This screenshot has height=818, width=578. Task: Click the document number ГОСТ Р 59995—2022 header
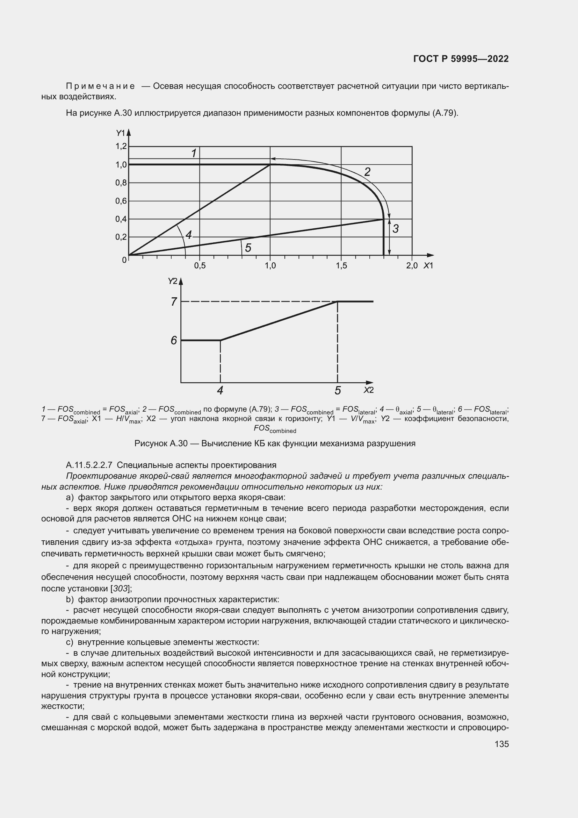tap(461, 59)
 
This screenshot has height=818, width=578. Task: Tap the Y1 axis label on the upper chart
tap(121, 133)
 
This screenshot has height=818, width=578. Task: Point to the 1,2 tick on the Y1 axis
tap(121, 146)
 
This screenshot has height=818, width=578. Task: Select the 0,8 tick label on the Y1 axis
tap(121, 183)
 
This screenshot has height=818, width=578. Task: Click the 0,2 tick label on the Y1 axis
tap(121, 237)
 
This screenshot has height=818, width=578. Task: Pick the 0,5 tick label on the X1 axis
tap(200, 266)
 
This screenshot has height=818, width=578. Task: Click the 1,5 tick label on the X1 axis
tap(341, 266)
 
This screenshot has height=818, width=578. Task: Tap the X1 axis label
tap(428, 266)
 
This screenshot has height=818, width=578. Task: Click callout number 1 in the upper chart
tap(194, 154)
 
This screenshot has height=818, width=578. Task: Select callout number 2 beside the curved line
tap(367, 172)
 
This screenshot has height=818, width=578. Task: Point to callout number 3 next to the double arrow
tap(396, 229)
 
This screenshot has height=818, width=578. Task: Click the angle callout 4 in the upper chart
tap(189, 235)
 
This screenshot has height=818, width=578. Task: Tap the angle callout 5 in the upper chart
tap(248, 248)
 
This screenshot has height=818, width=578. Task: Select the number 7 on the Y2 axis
tap(174, 302)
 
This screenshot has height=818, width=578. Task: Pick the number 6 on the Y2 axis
tap(174, 341)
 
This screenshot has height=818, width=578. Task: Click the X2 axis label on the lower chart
tap(368, 390)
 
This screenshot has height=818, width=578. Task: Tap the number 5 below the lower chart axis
tap(338, 391)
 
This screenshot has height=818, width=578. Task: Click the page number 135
tap(501, 744)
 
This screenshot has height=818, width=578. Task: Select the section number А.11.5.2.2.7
tap(89, 465)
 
